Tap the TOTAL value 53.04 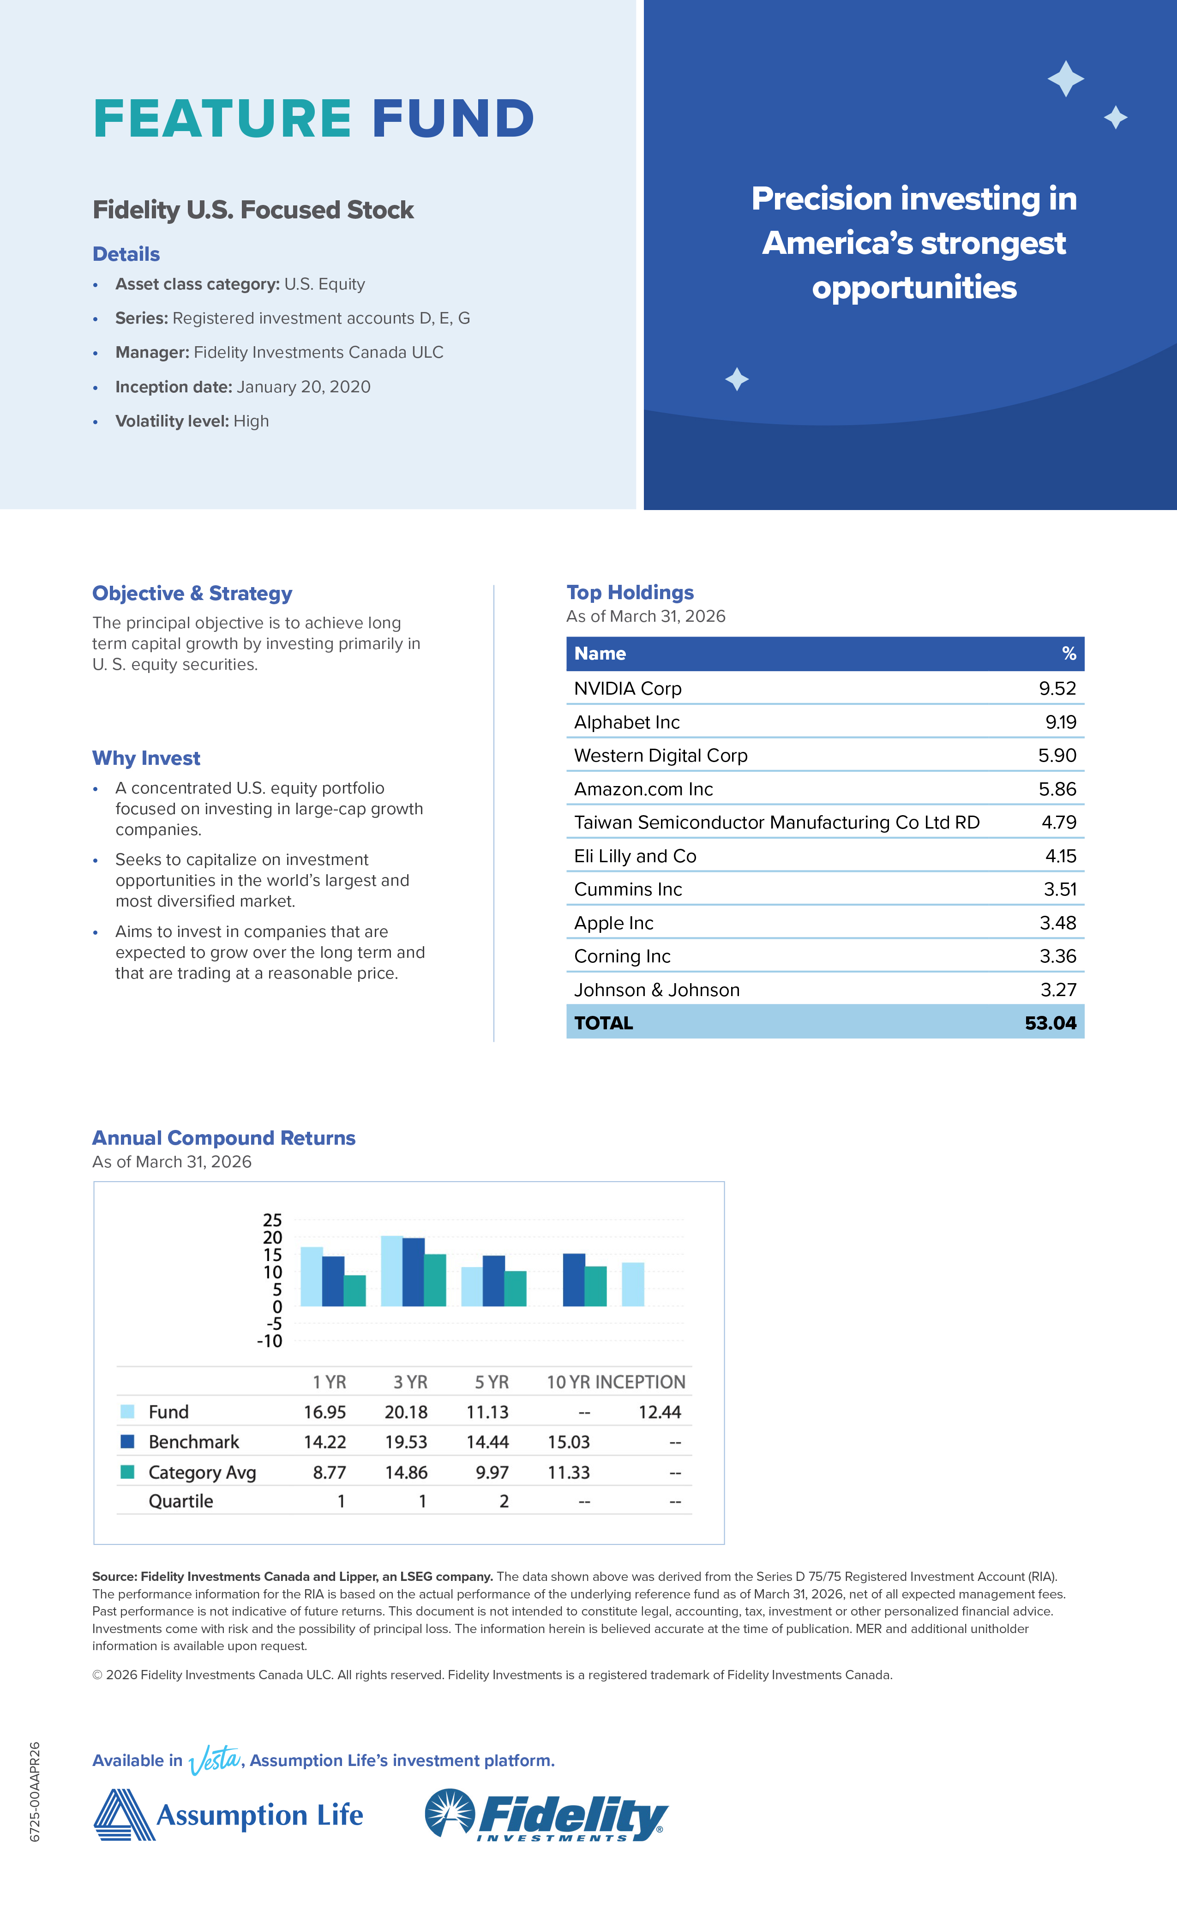tap(1050, 1023)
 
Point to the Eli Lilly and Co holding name tap(635, 856)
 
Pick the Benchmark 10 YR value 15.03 tap(568, 1442)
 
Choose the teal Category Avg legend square tap(127, 1472)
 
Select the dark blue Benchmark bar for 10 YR tap(574, 1280)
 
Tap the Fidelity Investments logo tap(546, 1815)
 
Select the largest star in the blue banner tap(1065, 79)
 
